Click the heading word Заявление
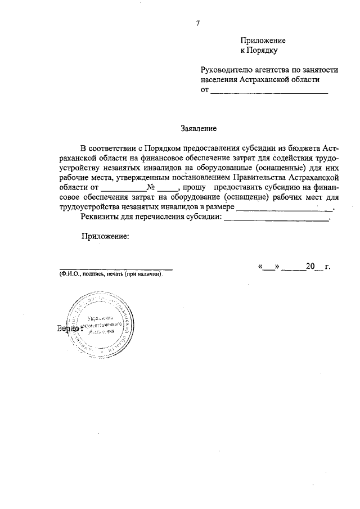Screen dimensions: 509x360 (198, 128)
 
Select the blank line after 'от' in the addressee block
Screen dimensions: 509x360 (269, 92)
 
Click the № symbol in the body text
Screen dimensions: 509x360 (151, 188)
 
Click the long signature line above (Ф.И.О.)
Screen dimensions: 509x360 (116, 270)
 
